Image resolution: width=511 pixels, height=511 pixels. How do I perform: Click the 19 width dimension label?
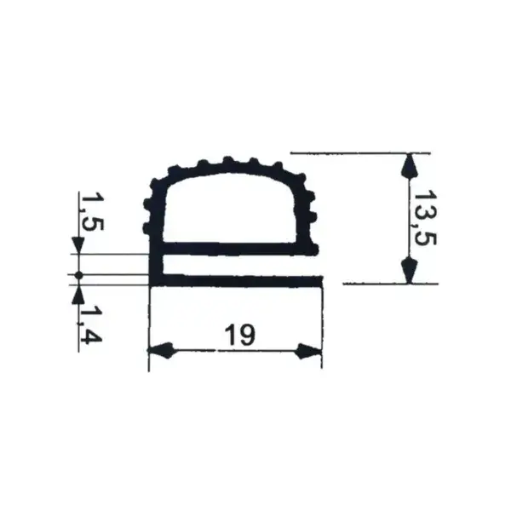click(240, 335)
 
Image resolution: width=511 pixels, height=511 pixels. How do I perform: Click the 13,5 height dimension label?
click(425, 218)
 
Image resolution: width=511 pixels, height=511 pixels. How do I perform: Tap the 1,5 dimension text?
click(92, 212)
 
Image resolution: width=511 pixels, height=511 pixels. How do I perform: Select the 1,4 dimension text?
click(91, 325)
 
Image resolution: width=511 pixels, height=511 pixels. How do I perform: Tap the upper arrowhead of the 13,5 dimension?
click(411, 165)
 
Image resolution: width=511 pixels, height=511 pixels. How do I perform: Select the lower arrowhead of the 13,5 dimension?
click(410, 270)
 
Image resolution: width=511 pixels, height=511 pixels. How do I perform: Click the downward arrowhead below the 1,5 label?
click(78, 246)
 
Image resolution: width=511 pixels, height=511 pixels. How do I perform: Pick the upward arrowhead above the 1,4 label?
click(78, 296)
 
